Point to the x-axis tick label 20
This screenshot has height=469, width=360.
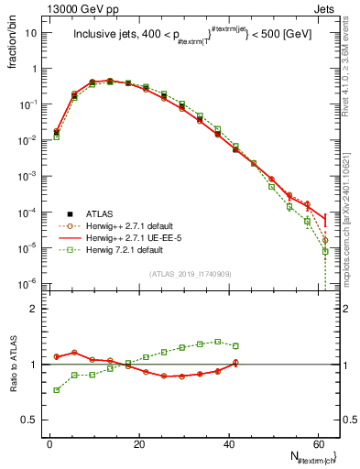click(137, 444)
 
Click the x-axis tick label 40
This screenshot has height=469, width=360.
click(227, 444)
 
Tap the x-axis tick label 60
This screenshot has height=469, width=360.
click(317, 444)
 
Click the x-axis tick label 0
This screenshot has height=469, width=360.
click(49, 444)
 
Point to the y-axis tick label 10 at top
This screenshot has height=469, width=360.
click(31, 33)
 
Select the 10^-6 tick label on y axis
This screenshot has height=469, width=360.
click(28, 283)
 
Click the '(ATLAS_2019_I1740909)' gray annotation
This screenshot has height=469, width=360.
click(189, 274)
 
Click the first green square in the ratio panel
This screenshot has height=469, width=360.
click(57, 390)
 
